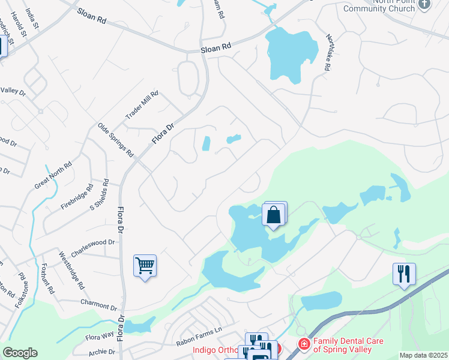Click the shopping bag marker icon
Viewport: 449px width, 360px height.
[x=274, y=214]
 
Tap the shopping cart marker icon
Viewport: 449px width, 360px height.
[x=145, y=265]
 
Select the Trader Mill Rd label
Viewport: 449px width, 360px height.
[x=142, y=106]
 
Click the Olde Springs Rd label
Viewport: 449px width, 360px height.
[x=116, y=140]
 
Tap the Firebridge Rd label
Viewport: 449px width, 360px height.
[x=77, y=196]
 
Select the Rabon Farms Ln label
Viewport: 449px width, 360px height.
[x=199, y=345]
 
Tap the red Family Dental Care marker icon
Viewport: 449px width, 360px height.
[x=304, y=344]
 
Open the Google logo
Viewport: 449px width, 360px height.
[x=20, y=353]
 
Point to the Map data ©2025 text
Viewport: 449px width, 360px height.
[x=423, y=355]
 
